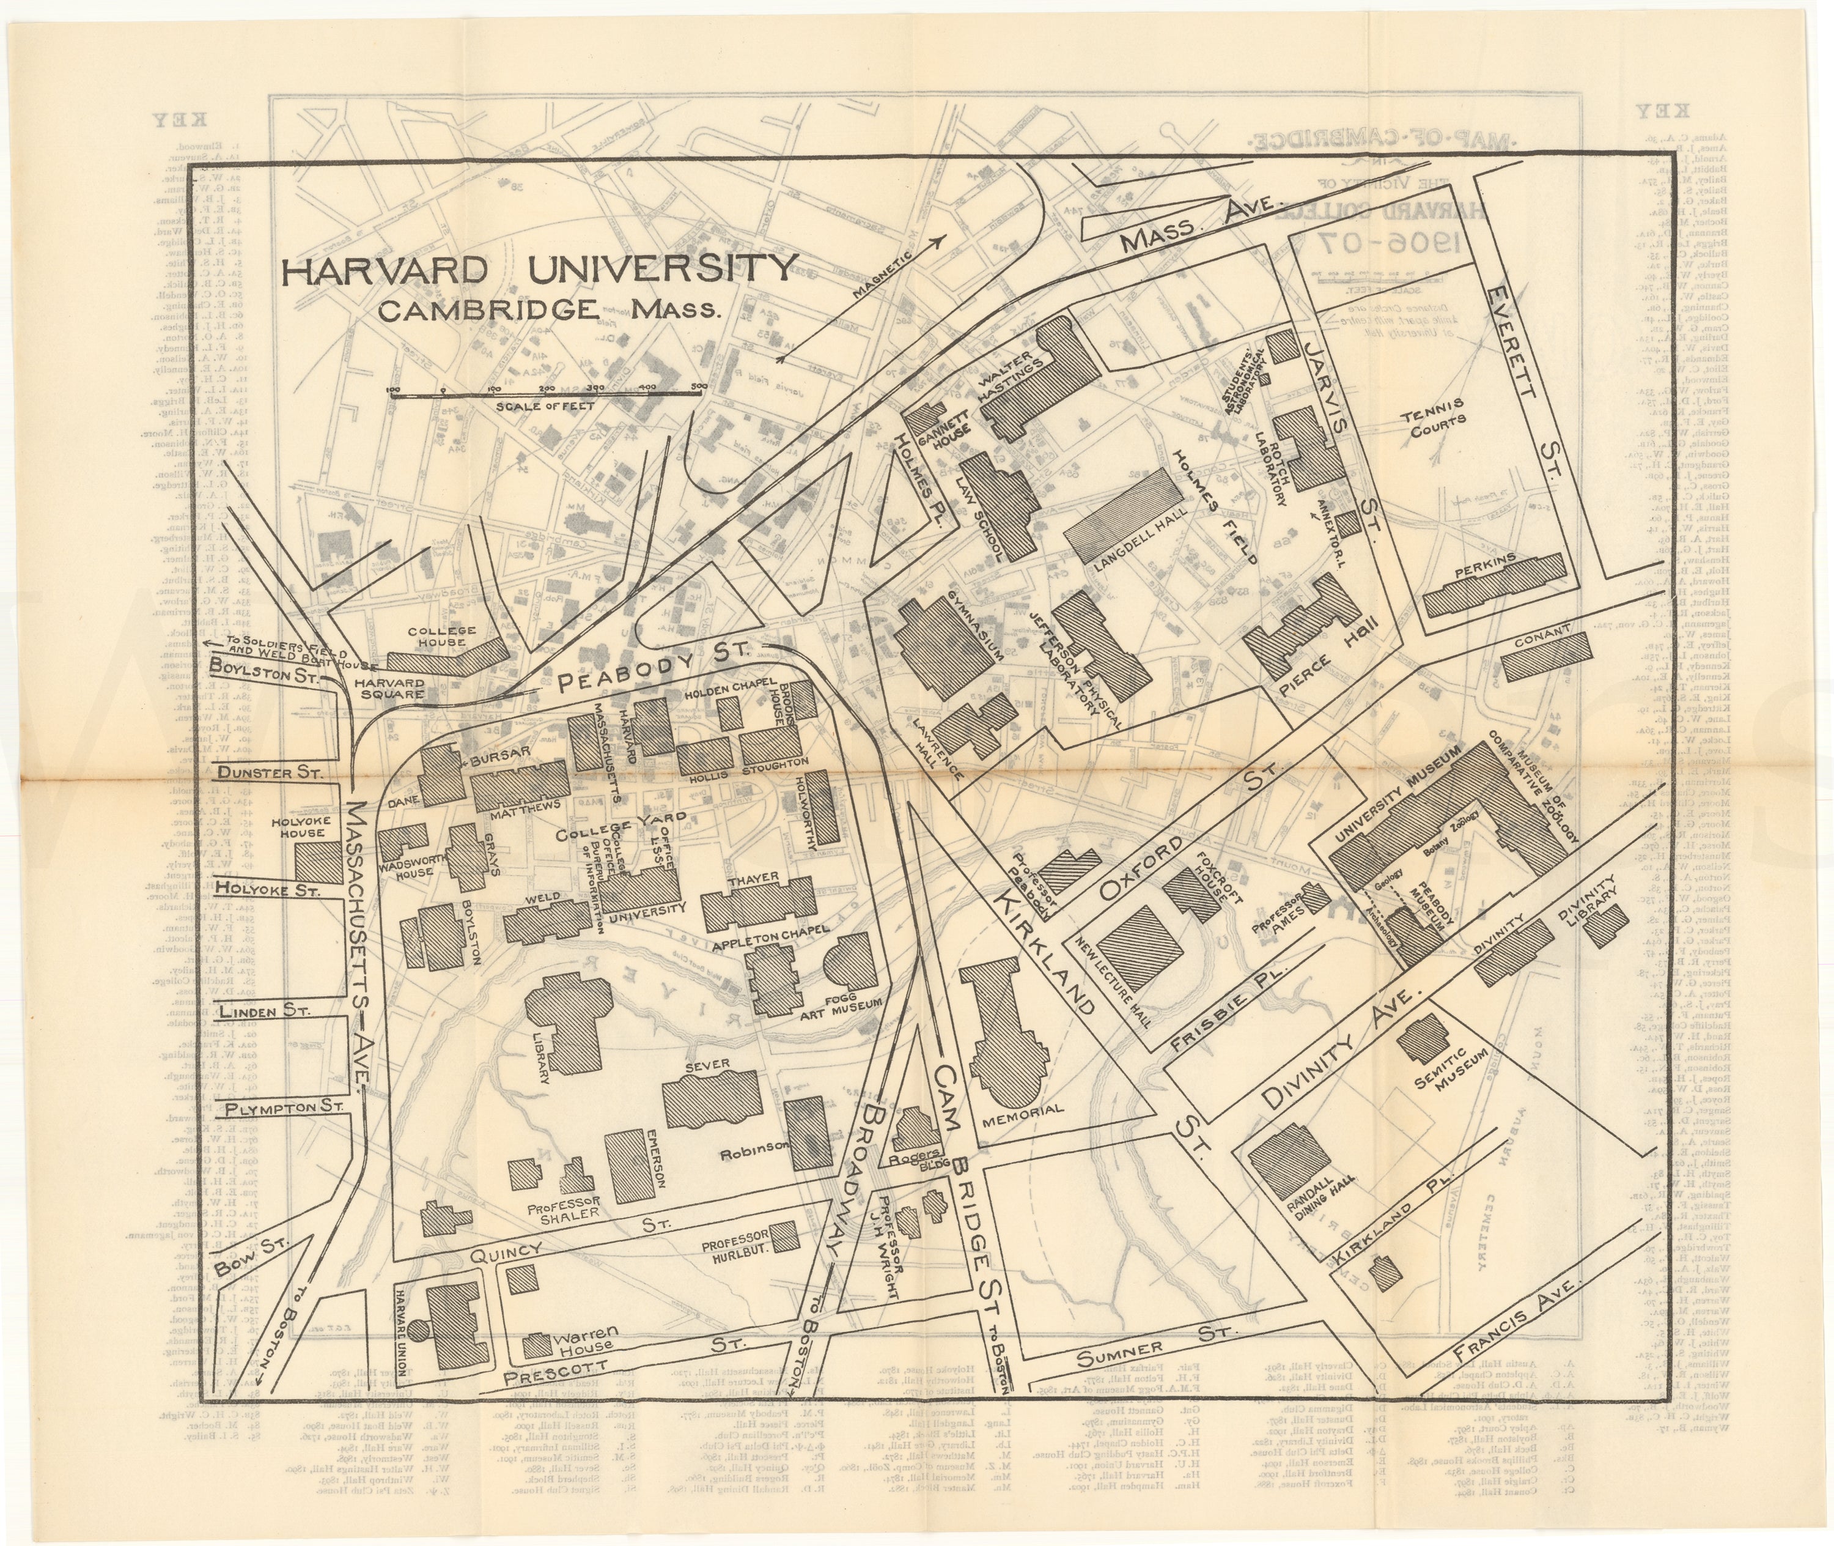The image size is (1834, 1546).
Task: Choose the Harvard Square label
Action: (x=389, y=689)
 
